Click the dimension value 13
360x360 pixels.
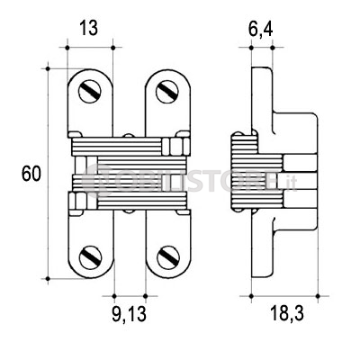click(89, 29)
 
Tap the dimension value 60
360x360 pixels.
click(31, 174)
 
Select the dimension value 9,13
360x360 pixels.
click(130, 314)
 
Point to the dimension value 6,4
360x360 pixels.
click(261, 29)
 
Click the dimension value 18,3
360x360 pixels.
click(287, 313)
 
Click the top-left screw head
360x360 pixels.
click(90, 91)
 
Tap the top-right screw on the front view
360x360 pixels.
click(167, 91)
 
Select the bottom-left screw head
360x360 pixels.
click(91, 257)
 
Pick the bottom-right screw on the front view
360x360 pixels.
click(168, 257)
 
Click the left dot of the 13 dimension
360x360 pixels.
click(67, 48)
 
